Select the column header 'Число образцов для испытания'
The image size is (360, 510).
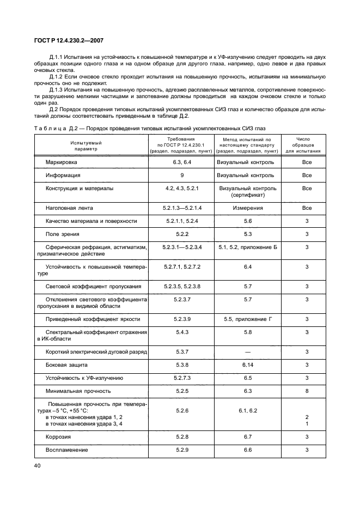point(307,145)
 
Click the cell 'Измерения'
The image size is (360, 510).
point(248,208)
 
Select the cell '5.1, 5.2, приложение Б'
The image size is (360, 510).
point(248,247)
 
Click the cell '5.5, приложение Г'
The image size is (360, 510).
point(248,319)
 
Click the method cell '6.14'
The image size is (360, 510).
point(248,365)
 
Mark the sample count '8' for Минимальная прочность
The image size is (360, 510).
point(307,391)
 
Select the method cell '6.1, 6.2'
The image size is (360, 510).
point(248,410)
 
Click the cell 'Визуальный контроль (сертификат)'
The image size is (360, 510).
point(248,192)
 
